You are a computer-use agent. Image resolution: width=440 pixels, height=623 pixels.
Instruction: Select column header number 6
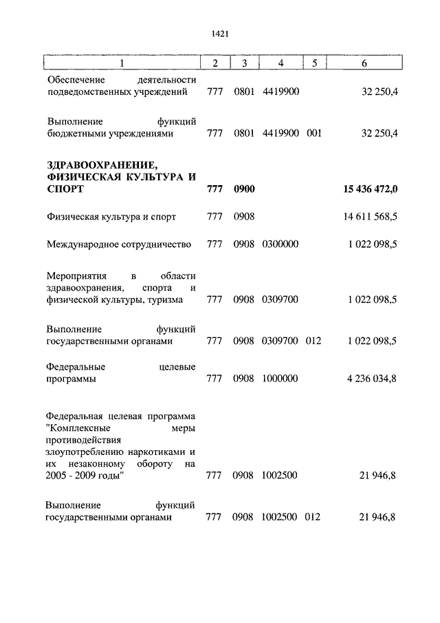pos(364,63)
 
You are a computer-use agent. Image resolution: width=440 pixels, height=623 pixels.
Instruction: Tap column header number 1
pos(122,63)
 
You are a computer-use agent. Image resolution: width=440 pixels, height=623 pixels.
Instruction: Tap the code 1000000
pos(280,379)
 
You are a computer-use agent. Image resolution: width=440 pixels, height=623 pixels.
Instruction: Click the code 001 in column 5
pos(314,134)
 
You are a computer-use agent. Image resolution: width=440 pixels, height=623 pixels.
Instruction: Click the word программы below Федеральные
pos(71,379)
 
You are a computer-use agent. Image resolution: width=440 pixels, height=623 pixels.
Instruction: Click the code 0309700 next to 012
pos(280,340)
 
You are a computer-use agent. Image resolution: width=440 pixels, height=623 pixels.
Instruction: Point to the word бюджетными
pos(75,134)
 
